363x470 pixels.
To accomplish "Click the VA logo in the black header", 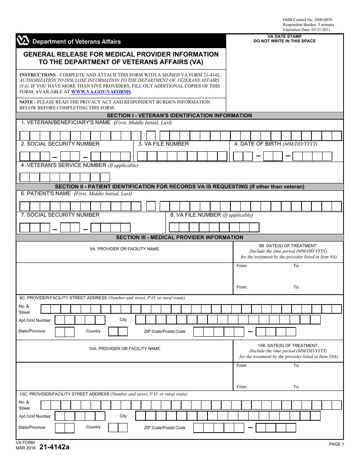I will pyautogui.click(x=23, y=41).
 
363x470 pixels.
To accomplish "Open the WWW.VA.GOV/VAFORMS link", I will pyautogui.click(x=101, y=92).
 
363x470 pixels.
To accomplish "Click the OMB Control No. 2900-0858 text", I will pyautogui.click(x=307, y=19).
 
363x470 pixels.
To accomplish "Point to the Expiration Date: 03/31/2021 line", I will pyautogui.click(x=306, y=29).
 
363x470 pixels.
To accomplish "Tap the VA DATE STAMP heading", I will pyautogui.click(x=285, y=36).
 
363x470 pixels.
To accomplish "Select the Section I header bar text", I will pyautogui.click(x=179, y=115).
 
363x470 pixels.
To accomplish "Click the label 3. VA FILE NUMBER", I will pyautogui.click(x=164, y=144).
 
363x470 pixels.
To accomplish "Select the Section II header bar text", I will pyautogui.click(x=179, y=186).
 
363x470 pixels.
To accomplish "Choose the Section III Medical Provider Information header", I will pyautogui.click(x=179, y=237).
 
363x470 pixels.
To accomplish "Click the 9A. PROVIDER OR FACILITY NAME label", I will pyautogui.click(x=124, y=249).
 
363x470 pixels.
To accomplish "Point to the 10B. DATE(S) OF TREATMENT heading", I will pyautogui.click(x=288, y=345).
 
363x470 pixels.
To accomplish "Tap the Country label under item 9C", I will pyautogui.click(x=93, y=331).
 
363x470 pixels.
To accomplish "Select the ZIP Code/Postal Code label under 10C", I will pyautogui.click(x=164, y=428).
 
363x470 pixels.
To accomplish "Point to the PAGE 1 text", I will pyautogui.click(x=336, y=444).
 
